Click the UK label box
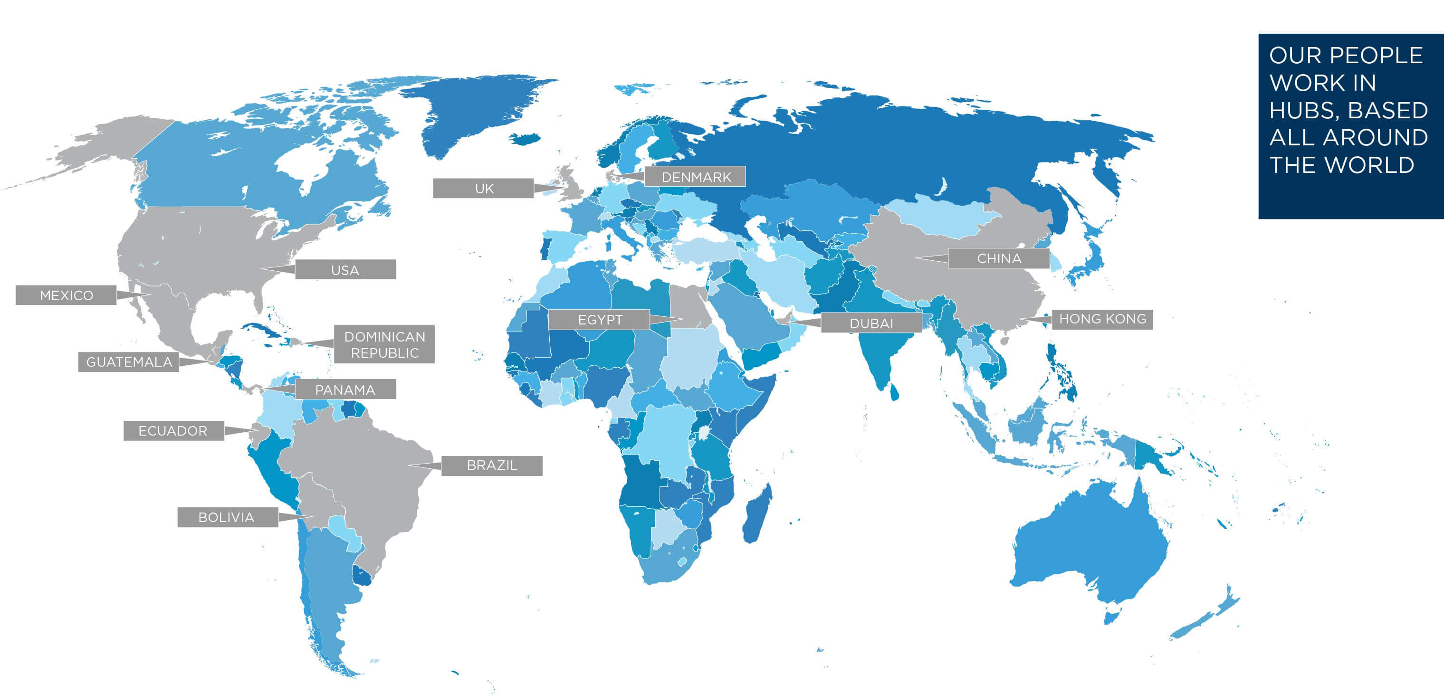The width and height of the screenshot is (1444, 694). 483,189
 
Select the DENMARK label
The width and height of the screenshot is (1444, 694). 695,177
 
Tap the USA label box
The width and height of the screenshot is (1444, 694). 345,270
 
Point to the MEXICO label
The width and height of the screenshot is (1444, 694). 66,295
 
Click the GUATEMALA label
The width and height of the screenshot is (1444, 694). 128,361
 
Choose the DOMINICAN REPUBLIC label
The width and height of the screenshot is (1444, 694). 384,344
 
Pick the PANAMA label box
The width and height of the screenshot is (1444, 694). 345,389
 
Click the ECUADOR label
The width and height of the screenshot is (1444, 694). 174,430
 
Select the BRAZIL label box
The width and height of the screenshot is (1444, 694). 492,466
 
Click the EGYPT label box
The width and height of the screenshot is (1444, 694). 599,320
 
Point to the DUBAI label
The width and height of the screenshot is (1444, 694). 871,323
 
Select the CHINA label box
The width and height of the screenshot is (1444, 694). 998,258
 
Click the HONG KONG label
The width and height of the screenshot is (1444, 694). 1102,319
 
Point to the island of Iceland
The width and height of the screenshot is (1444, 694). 525,138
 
